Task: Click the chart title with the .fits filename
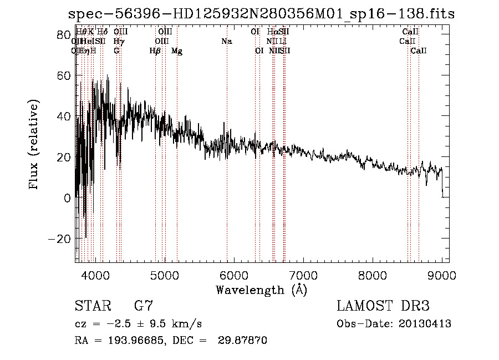[x=261, y=14]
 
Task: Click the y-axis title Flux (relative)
[x=34, y=145]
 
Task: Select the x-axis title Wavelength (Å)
[x=261, y=290]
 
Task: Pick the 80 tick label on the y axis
[x=63, y=34]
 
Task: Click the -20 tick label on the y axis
[x=59, y=239]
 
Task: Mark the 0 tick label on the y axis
[x=68, y=197]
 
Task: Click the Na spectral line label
[x=226, y=42]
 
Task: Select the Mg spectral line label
[x=177, y=51]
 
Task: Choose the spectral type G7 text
[x=144, y=306]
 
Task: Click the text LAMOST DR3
[x=383, y=306]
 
